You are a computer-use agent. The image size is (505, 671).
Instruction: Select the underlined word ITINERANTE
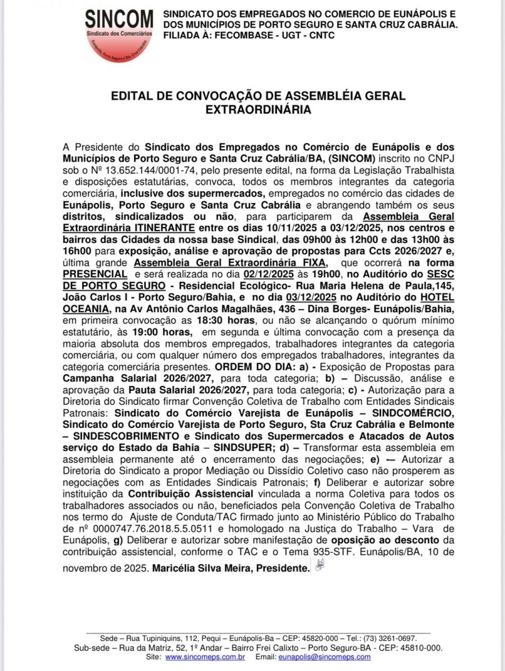point(163,228)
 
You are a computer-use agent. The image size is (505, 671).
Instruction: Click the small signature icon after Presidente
point(319,566)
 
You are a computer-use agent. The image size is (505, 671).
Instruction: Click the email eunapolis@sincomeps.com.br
point(318,656)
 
